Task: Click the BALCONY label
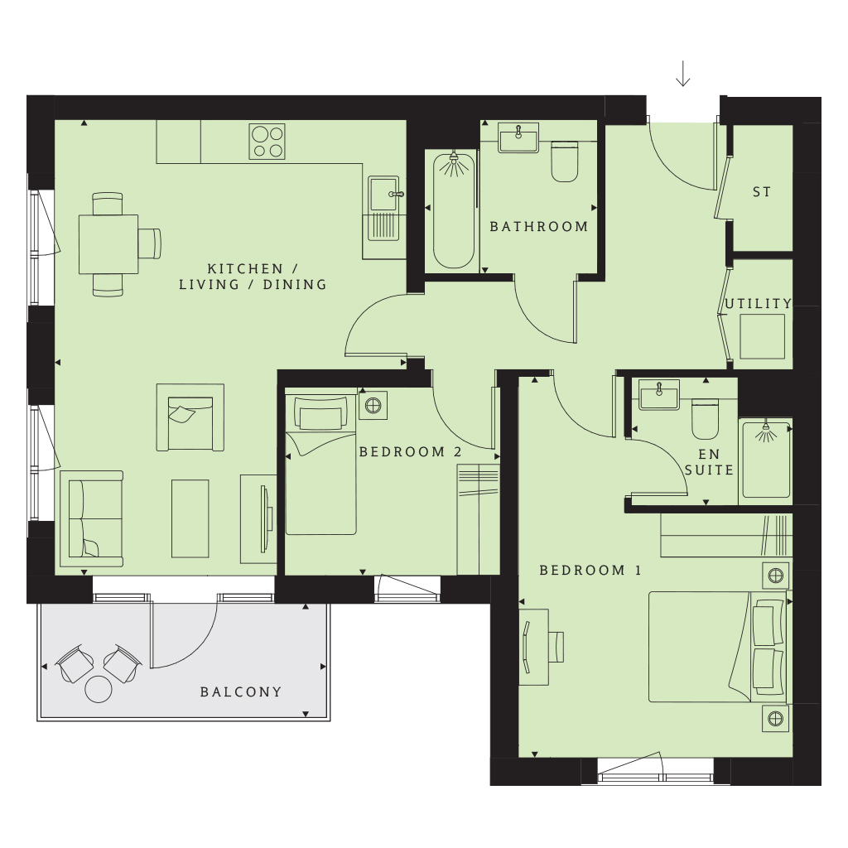[241, 692]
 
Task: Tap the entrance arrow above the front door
[683, 74]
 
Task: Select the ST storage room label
[762, 192]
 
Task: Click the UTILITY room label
[758, 304]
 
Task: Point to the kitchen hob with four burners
[267, 141]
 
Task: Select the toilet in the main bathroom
[566, 162]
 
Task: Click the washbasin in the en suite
[658, 393]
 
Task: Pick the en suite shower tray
[766, 460]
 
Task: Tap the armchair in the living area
[190, 417]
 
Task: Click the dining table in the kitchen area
[108, 243]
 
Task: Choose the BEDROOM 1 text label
[590, 571]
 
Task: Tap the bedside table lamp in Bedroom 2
[373, 406]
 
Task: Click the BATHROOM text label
[539, 226]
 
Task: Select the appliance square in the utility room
[761, 336]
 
